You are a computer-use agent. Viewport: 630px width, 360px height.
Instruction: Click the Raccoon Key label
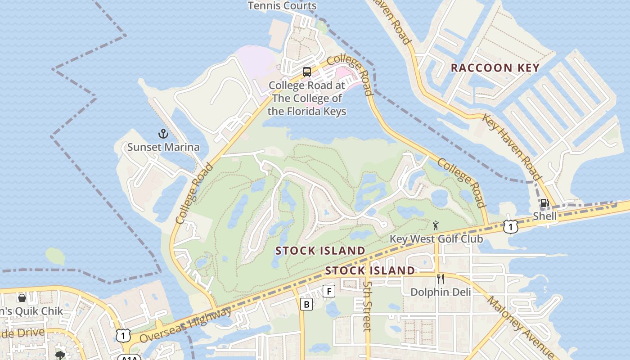[495, 68]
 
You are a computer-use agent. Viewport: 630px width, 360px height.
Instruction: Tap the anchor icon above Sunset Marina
[163, 134]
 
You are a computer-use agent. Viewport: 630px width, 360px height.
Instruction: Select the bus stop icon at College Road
[307, 72]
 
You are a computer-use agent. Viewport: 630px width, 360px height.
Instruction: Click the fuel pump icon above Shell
[544, 203]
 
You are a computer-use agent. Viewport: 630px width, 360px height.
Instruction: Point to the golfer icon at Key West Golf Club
[435, 225]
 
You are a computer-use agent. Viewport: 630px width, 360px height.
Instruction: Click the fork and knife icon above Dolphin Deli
[441, 279]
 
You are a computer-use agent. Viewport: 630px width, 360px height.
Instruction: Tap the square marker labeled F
[329, 292]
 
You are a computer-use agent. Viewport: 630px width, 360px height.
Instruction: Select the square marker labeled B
[306, 305]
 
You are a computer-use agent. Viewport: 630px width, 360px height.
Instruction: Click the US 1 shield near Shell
[510, 227]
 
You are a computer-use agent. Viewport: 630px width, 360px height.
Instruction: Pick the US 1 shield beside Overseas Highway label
[123, 335]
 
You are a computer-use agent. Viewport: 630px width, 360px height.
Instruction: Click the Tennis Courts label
[282, 6]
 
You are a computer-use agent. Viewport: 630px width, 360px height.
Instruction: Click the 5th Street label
[368, 306]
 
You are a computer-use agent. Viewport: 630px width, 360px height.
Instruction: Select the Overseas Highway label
[185, 325]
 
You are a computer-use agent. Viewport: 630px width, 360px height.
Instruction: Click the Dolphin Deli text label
[441, 292]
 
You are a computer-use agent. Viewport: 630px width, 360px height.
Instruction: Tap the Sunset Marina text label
[163, 147]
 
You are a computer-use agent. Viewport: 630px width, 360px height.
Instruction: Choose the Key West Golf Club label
[436, 238]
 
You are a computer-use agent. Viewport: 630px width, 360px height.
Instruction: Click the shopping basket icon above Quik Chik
[22, 298]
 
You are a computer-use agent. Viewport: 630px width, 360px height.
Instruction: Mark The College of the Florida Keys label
[307, 98]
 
